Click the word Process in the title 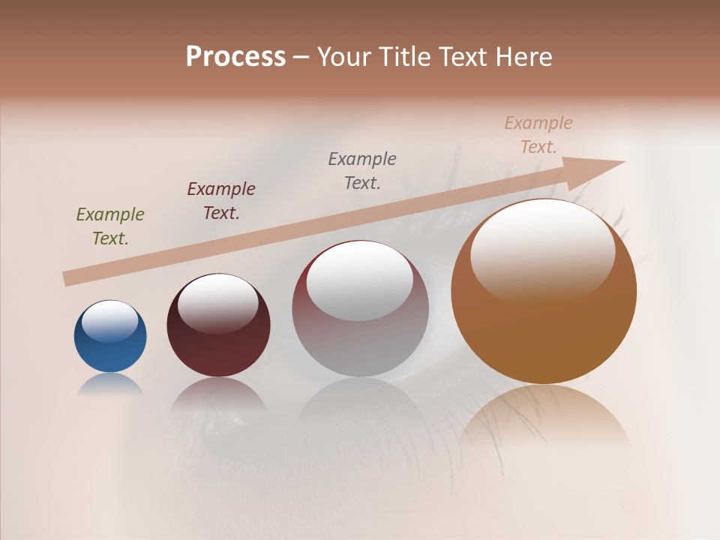(235, 57)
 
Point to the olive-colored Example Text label (110, 226)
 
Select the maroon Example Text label (221, 201)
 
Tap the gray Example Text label (362, 170)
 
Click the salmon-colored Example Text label (538, 135)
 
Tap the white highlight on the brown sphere (542, 251)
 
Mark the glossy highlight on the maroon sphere (218, 303)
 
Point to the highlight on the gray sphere (359, 281)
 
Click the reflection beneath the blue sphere (110, 385)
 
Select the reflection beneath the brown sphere (544, 416)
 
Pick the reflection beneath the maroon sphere (218, 394)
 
